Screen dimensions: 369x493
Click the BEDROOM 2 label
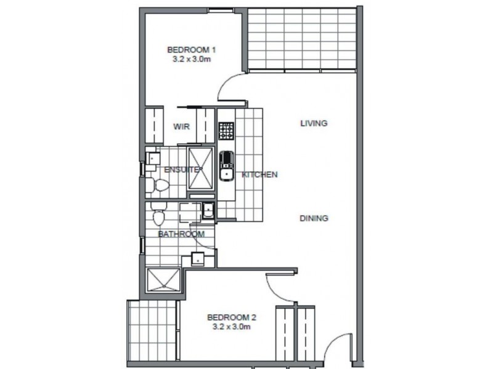[231, 318]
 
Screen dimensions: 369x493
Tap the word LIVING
[313, 123]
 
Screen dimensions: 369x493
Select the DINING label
[313, 218]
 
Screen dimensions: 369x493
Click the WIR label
[181, 127]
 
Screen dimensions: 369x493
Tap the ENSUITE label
[181, 169]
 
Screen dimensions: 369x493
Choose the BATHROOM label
[181, 234]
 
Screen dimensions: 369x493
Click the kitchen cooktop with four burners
[226, 130]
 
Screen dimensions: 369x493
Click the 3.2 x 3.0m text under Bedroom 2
[231, 328]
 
